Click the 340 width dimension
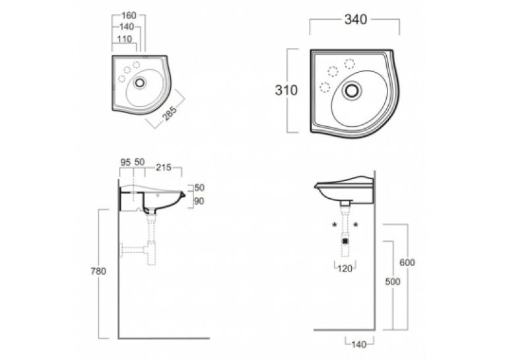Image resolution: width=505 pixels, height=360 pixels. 356,20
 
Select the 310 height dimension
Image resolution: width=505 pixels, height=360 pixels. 286,90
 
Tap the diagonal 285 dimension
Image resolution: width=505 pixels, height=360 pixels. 170,113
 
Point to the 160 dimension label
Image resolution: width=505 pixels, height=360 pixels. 129,15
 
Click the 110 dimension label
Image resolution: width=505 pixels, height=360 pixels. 124,39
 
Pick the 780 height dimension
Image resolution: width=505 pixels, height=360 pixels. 98,271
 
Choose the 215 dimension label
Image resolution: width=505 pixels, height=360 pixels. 164,167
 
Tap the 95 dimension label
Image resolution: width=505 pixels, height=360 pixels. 125,162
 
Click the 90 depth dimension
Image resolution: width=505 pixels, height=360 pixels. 199,201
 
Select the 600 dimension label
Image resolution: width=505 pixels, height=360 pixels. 407,263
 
